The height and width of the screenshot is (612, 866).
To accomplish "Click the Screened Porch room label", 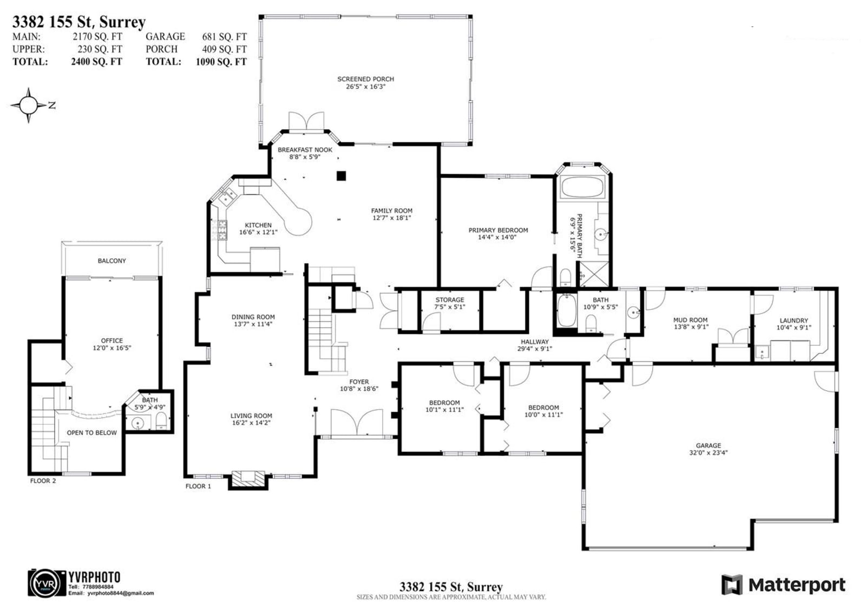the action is pyautogui.click(x=365, y=83).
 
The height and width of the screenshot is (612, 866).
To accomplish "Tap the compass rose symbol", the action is pyautogui.click(x=28, y=105).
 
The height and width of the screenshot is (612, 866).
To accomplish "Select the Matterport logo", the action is pyautogui.click(x=783, y=584).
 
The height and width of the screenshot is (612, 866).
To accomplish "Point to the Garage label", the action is pyautogui.click(x=708, y=449).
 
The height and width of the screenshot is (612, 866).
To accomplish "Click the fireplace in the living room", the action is pyautogui.click(x=248, y=480).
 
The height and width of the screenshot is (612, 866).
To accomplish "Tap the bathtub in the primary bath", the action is pyautogui.click(x=582, y=188).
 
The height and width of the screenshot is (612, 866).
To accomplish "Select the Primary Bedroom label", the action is pyautogui.click(x=498, y=234).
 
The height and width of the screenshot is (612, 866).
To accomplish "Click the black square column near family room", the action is pyautogui.click(x=341, y=176).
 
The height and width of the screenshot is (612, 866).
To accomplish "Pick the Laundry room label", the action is pyautogui.click(x=793, y=324).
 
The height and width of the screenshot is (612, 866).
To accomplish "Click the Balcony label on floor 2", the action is pyautogui.click(x=111, y=261).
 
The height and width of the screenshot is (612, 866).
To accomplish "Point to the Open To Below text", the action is pyautogui.click(x=91, y=432).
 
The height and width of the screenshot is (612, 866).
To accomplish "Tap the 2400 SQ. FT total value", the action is pyautogui.click(x=96, y=62).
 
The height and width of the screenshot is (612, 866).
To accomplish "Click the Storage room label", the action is pyautogui.click(x=450, y=303).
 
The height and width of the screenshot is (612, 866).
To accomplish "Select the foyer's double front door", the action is pyautogui.click(x=357, y=422).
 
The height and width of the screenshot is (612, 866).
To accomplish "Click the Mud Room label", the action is pyautogui.click(x=691, y=323).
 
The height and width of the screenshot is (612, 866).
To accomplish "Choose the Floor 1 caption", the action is pyautogui.click(x=198, y=486).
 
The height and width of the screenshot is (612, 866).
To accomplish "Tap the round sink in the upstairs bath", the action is pyautogui.click(x=137, y=423).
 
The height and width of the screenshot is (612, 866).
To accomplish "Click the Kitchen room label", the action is pyautogui.click(x=258, y=228).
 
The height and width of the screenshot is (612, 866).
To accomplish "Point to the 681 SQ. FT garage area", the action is pyautogui.click(x=224, y=37).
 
